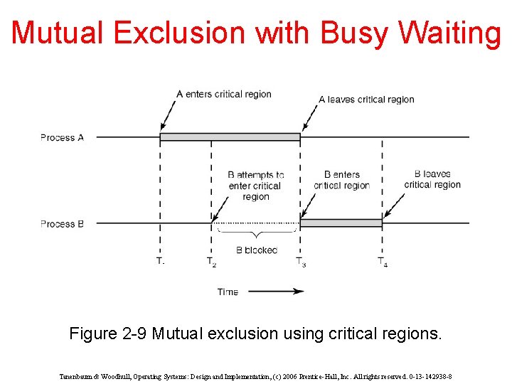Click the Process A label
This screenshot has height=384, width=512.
pyautogui.click(x=62, y=137)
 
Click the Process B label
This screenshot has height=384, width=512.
pyautogui.click(x=62, y=224)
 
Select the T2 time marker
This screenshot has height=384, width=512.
pyautogui.click(x=211, y=262)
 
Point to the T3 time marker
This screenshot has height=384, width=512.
pyautogui.click(x=302, y=262)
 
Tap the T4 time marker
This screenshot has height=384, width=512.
pyautogui.click(x=383, y=262)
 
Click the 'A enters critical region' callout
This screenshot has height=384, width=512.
pyautogui.click(x=223, y=94)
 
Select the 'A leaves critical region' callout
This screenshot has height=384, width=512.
pyautogui.click(x=366, y=100)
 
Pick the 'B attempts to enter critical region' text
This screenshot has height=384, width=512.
pyautogui.click(x=255, y=186)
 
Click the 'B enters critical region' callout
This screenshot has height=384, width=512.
pyautogui.click(x=342, y=180)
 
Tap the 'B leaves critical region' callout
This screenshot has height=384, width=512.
pyautogui.click(x=432, y=179)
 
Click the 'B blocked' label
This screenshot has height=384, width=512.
pyautogui.click(x=256, y=250)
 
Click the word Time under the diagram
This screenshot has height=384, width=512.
pyautogui.click(x=228, y=292)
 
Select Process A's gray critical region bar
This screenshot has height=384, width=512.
pyautogui.click(x=230, y=137)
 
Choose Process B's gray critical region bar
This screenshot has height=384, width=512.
pyautogui.click(x=341, y=223)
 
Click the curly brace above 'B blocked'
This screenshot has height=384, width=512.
pyautogui.click(x=256, y=233)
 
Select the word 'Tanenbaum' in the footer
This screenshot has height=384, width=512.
pyautogui.click(x=77, y=376)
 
